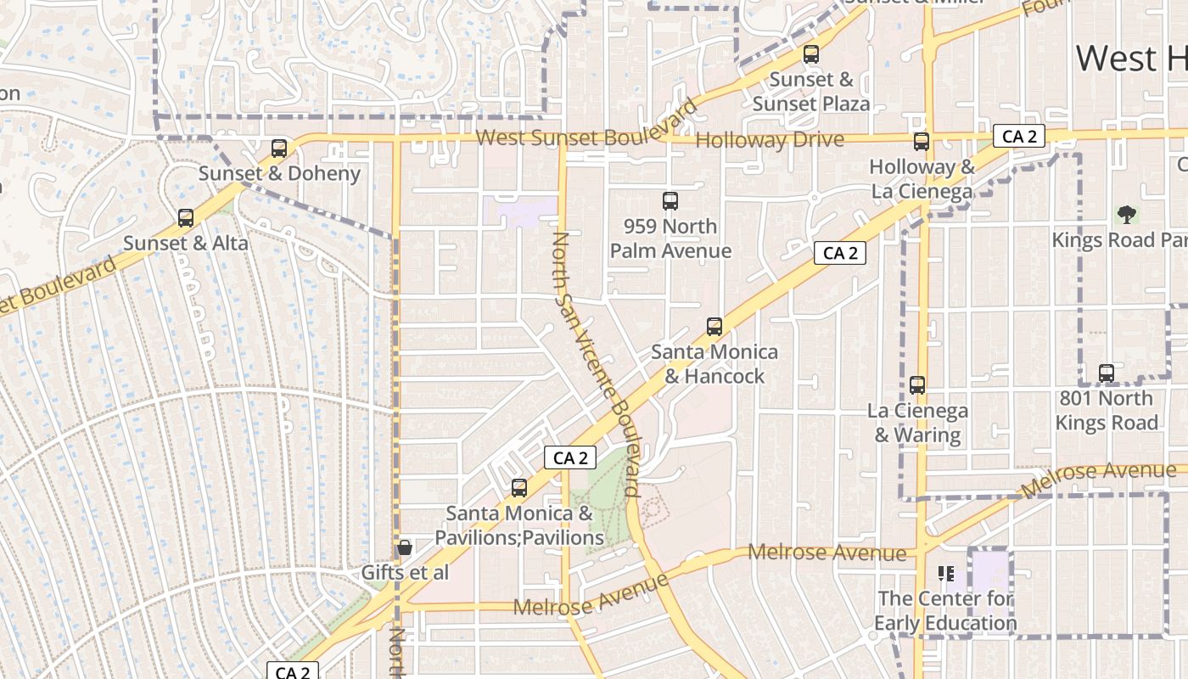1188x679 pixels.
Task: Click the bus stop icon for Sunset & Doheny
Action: pyautogui.click(x=279, y=149)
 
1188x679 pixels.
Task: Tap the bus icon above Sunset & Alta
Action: pyautogui.click(x=186, y=218)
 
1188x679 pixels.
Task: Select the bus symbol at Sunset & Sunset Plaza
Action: pyautogui.click(x=811, y=54)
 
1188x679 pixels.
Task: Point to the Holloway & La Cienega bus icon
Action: pyautogui.click(x=922, y=142)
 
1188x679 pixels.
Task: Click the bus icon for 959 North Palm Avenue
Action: pyautogui.click(x=670, y=201)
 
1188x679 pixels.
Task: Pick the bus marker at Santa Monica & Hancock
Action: pyautogui.click(x=714, y=327)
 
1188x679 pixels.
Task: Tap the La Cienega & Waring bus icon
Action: pyautogui.click(x=917, y=385)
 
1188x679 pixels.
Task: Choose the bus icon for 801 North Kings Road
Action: pyautogui.click(x=1107, y=373)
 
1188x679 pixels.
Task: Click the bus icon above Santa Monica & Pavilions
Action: pyautogui.click(x=519, y=488)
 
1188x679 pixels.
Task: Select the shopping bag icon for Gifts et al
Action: pyautogui.click(x=405, y=547)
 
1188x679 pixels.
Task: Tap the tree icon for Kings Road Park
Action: pyautogui.click(x=1127, y=214)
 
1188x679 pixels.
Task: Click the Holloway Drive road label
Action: pyautogui.click(x=770, y=140)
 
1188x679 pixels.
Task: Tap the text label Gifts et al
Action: pyautogui.click(x=405, y=573)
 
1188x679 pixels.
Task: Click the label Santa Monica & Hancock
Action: pyautogui.click(x=714, y=364)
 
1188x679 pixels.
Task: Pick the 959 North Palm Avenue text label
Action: pyautogui.click(x=670, y=238)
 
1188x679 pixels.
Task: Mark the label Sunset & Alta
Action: pyautogui.click(x=186, y=244)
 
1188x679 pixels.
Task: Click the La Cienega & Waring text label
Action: pyautogui.click(x=917, y=424)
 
